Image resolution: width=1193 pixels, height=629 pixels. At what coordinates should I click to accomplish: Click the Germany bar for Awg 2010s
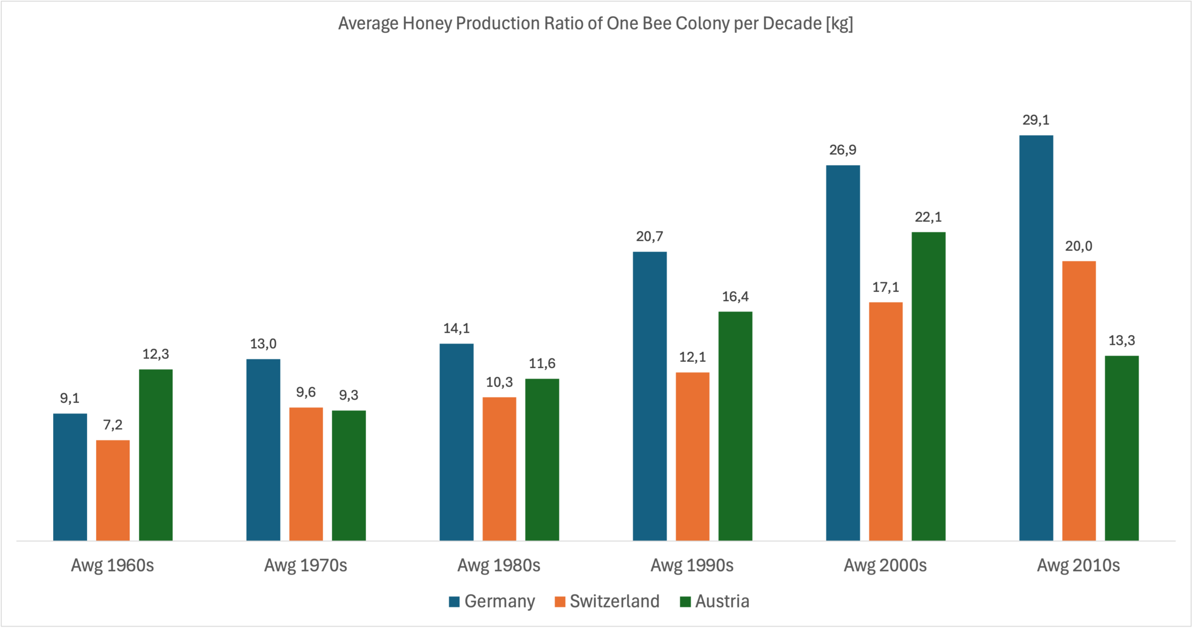click(1036, 338)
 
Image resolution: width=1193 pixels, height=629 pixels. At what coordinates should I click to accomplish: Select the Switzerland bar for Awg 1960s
click(113, 491)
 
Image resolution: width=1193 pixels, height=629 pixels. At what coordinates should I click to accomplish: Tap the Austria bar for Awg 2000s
click(928, 387)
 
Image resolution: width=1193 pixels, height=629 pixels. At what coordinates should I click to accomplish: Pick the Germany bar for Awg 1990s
click(650, 396)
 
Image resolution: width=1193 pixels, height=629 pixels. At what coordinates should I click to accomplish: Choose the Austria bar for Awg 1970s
click(349, 476)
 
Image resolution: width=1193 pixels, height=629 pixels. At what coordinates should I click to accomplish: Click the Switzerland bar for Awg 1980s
click(499, 469)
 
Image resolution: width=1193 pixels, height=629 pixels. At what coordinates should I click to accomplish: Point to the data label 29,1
click(1036, 120)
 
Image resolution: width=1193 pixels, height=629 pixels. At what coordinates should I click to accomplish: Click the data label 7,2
click(113, 425)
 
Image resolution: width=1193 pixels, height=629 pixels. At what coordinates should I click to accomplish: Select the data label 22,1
click(928, 217)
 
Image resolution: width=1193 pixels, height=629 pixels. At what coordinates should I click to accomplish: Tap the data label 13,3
click(1122, 341)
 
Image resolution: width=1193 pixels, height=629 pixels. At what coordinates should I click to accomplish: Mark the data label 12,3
click(156, 354)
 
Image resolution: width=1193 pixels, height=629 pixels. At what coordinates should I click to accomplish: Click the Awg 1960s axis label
click(112, 566)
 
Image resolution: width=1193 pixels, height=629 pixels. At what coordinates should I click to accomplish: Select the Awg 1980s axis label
click(499, 566)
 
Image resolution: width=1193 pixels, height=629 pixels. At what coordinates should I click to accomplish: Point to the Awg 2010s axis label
click(1078, 566)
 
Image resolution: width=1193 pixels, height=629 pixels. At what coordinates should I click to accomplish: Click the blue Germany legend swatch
click(454, 602)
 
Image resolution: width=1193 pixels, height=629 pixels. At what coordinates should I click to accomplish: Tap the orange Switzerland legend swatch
click(560, 602)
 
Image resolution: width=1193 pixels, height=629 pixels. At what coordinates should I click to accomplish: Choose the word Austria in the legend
click(722, 601)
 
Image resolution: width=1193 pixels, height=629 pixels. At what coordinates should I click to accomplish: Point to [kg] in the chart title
click(839, 24)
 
